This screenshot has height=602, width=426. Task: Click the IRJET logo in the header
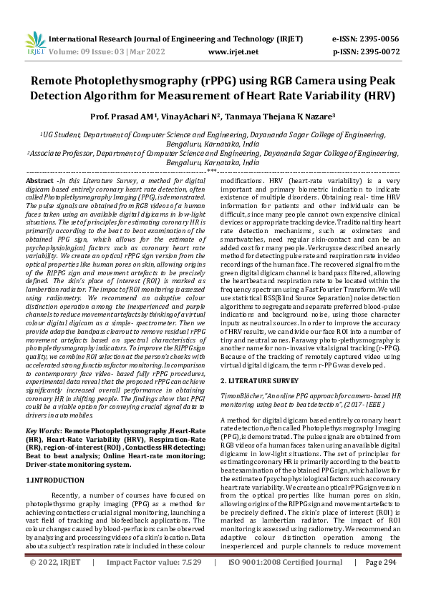31,44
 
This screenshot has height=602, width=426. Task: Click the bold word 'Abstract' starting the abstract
40,182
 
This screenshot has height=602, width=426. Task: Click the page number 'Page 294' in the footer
380,583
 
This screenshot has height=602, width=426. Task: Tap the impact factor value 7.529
183,583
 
